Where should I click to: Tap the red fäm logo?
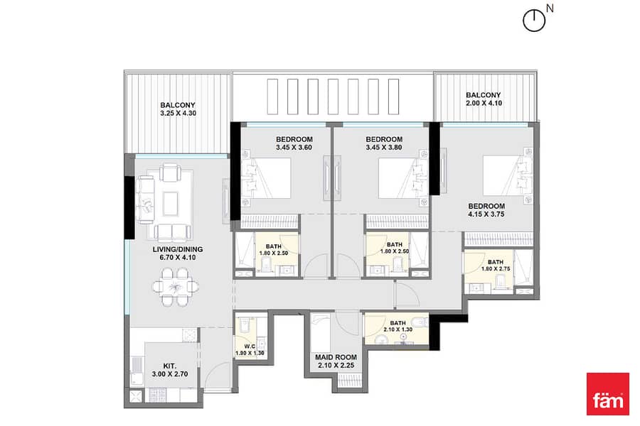[x=608, y=394]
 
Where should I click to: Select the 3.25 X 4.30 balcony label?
[x=178, y=109]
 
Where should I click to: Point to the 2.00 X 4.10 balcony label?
[x=484, y=99]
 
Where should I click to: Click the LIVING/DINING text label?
[x=178, y=249]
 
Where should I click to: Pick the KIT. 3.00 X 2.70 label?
[x=170, y=370]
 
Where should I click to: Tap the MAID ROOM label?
[x=336, y=357]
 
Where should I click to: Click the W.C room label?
[x=250, y=346]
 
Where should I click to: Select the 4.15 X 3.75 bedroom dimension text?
[x=486, y=214]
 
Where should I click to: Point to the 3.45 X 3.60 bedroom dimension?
[x=294, y=147]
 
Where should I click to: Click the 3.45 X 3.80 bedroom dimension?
[x=384, y=147]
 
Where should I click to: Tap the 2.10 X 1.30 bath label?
[x=398, y=329]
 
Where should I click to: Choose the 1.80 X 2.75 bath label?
[x=496, y=268]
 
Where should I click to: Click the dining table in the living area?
[x=176, y=287]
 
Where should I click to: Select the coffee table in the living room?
[x=170, y=204]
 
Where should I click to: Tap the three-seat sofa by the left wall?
[x=145, y=200]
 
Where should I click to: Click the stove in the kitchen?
[x=157, y=395]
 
